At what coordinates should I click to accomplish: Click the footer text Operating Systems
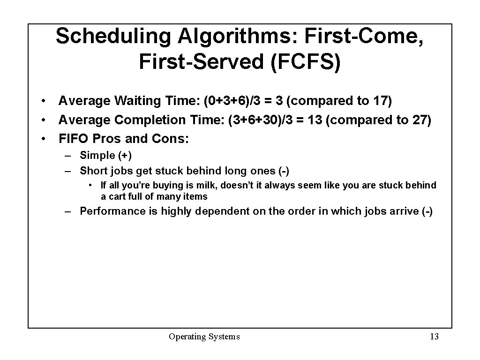(204, 337)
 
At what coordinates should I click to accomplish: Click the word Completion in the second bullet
(150, 120)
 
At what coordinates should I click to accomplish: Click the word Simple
(97, 156)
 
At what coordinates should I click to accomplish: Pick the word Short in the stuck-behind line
(93, 171)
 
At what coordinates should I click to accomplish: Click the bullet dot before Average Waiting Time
(43, 101)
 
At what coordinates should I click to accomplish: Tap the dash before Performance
(68, 211)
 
